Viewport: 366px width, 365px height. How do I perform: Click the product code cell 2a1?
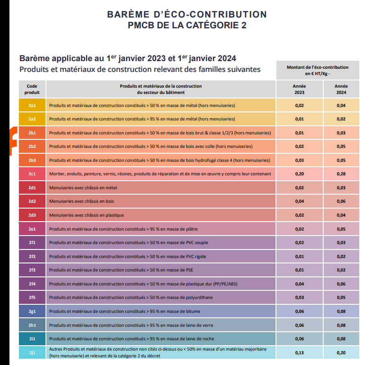pyautogui.click(x=32, y=105)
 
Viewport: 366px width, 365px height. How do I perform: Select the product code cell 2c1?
pyautogui.click(x=32, y=174)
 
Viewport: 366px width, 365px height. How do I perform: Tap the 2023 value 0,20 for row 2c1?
pyautogui.click(x=299, y=174)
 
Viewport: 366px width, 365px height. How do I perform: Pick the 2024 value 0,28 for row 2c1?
pyautogui.click(x=341, y=174)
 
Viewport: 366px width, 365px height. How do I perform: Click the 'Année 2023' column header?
pyautogui.click(x=299, y=89)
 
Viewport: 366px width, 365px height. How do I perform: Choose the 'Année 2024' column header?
pyautogui.click(x=341, y=89)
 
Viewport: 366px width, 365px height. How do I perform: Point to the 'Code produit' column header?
pyautogui.click(x=32, y=89)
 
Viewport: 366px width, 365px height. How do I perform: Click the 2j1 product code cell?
pyautogui.click(x=32, y=352)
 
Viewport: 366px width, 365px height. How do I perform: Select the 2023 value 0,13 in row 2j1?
pyautogui.click(x=299, y=352)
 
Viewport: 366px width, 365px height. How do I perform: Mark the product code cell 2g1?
pyautogui.click(x=32, y=311)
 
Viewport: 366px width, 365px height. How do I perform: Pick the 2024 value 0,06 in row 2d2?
pyautogui.click(x=341, y=201)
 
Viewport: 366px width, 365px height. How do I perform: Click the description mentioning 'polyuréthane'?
pyautogui.click(x=131, y=298)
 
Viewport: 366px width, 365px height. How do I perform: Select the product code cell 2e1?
pyautogui.click(x=32, y=229)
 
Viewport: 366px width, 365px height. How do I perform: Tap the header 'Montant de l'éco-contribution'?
pyautogui.click(x=317, y=67)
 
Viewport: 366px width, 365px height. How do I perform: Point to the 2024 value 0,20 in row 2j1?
pyautogui.click(x=341, y=352)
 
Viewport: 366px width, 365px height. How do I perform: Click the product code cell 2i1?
pyautogui.click(x=32, y=338)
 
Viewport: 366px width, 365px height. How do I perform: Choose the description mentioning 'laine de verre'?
pyautogui.click(x=131, y=325)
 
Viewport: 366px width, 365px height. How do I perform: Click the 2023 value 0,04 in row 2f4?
pyautogui.click(x=299, y=284)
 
